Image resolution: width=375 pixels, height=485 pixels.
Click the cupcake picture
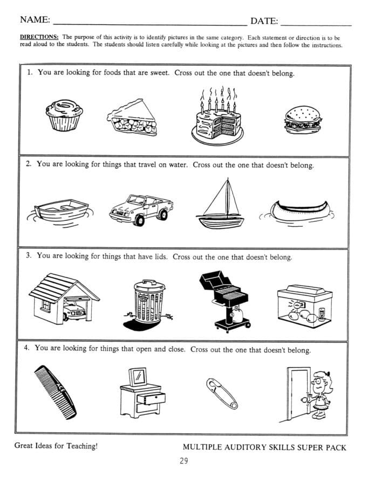(x=64, y=115)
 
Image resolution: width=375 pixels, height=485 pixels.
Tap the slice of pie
(x=133, y=118)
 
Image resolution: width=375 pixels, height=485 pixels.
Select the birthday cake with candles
(x=216, y=122)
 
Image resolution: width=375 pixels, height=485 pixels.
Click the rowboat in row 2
(x=60, y=212)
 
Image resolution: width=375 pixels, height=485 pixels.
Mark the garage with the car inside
(x=62, y=298)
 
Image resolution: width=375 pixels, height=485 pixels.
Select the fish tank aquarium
(x=305, y=306)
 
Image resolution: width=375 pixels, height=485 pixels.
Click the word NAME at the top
(x=35, y=20)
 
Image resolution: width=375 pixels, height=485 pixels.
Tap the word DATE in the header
(x=264, y=21)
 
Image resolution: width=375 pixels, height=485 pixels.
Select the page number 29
(x=184, y=461)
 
